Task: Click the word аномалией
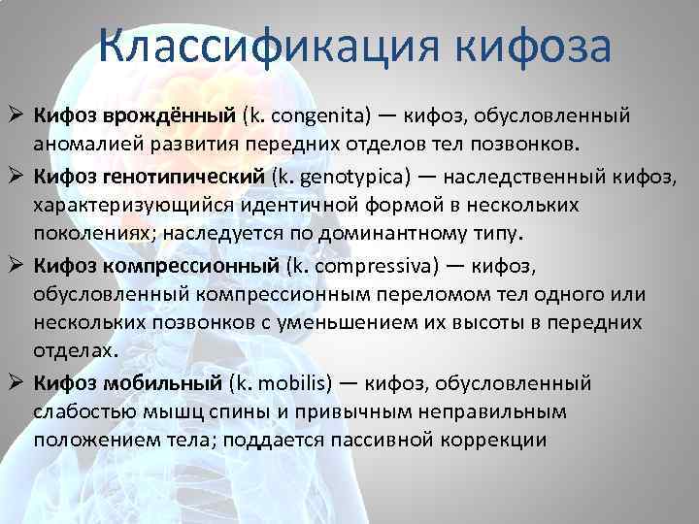point(82,145)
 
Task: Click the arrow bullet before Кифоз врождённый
point(16,117)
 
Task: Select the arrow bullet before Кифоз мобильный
point(16,382)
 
